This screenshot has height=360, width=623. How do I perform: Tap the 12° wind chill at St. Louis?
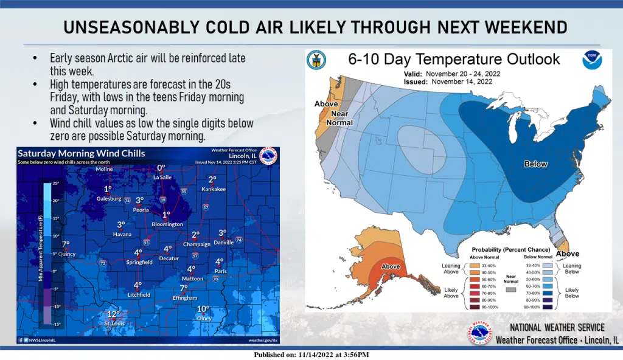(113, 314)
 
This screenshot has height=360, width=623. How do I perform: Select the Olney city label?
(204, 317)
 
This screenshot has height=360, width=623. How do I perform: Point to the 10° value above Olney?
(203, 309)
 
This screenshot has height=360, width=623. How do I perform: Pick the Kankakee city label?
(212, 189)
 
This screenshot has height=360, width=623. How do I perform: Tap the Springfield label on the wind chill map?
(139, 262)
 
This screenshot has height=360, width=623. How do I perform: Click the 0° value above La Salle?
(161, 168)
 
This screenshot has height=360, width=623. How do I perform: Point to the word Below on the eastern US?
(536, 164)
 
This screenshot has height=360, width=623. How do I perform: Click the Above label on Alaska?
(390, 266)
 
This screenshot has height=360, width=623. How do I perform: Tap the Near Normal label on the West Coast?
(339, 118)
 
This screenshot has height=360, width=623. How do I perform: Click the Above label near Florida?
(568, 254)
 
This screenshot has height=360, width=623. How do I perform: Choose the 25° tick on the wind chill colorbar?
(54, 183)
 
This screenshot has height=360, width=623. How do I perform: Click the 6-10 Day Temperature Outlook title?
(454, 60)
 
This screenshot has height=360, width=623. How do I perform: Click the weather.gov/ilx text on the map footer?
(263, 340)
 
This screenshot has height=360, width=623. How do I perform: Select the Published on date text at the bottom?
(311, 355)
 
